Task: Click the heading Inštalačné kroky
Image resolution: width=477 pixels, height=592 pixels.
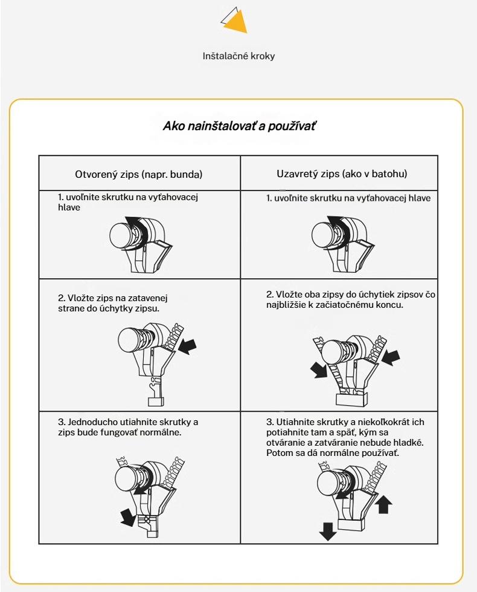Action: click(238, 56)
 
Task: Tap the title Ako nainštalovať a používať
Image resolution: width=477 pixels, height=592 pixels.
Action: click(238, 126)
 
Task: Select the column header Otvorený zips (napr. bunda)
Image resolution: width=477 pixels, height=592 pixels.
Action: click(139, 174)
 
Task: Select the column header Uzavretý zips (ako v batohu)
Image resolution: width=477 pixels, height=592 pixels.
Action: click(342, 174)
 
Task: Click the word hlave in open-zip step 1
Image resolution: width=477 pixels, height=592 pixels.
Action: click(69, 207)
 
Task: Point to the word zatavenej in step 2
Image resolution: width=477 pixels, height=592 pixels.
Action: click(148, 298)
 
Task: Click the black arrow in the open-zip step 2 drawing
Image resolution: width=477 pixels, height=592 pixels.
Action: click(187, 346)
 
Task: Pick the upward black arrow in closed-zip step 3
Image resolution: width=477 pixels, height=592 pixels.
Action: click(383, 504)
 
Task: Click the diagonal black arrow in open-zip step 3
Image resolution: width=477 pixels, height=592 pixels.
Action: click(127, 517)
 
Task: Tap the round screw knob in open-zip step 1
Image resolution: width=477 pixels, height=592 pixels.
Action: click(121, 235)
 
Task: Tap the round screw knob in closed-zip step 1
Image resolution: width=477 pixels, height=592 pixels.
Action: click(324, 235)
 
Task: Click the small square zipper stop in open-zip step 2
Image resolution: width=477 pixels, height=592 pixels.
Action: click(156, 402)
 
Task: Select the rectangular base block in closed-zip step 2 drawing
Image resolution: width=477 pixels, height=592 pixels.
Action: click(351, 399)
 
